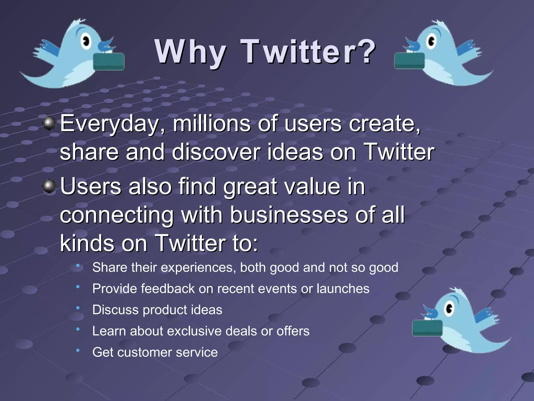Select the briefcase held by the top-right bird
coord(409,61)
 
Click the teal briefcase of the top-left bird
coord(109,61)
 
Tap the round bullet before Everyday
coord(49,123)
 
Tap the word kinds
coord(87,243)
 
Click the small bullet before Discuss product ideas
coord(78,308)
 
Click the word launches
coord(343,289)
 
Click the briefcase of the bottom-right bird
coord(427,328)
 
